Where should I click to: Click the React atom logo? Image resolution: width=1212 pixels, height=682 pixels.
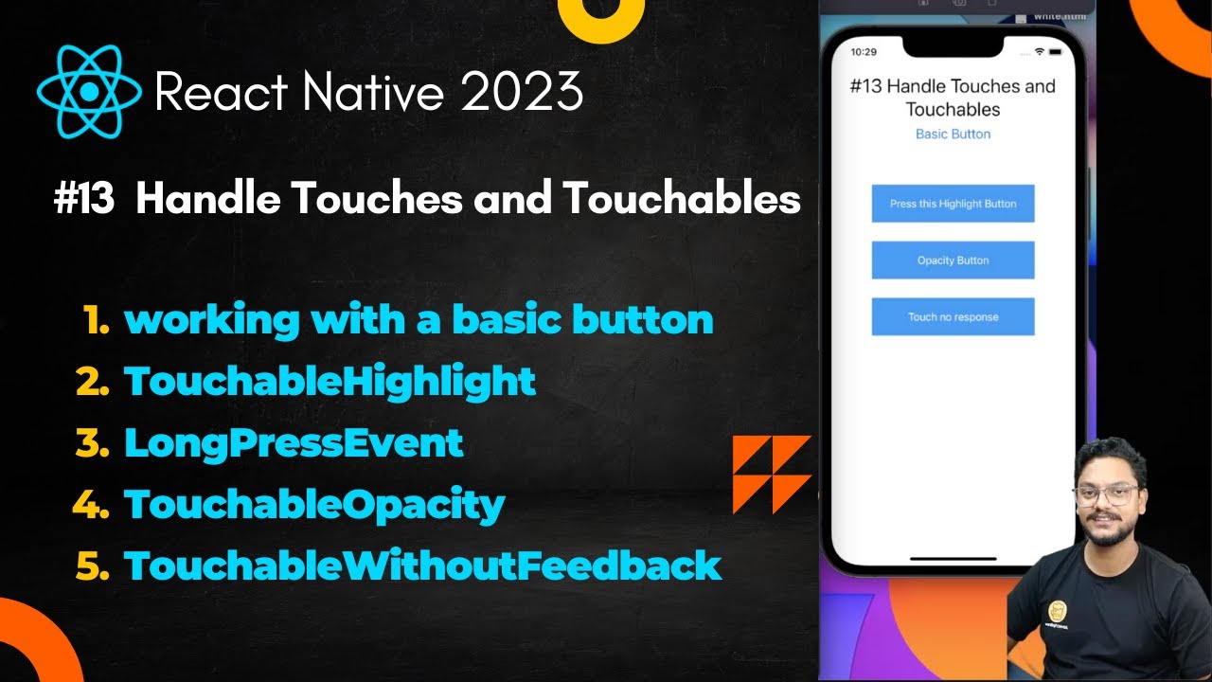click(x=89, y=92)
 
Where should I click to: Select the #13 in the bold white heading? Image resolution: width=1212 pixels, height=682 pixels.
click(x=84, y=200)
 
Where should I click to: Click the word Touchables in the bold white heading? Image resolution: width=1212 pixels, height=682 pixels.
click(x=682, y=200)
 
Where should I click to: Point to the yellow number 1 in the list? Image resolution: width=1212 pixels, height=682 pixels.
click(x=97, y=321)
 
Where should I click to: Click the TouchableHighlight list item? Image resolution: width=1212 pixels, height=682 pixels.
click(x=330, y=382)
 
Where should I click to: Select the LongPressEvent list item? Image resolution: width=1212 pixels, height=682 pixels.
click(x=294, y=442)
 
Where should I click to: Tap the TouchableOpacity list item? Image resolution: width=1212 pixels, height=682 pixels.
click(x=314, y=504)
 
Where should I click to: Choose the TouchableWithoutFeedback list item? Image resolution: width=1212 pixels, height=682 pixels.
click(x=422, y=565)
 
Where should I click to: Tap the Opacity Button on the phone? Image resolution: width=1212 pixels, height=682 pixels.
click(x=953, y=260)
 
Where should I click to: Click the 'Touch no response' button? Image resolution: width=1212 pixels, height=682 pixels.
click(x=953, y=317)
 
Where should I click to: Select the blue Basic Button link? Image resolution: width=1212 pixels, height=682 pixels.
click(x=953, y=135)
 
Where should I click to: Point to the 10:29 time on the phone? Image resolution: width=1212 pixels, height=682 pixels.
click(x=864, y=51)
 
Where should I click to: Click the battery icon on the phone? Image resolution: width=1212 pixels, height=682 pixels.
click(x=1054, y=51)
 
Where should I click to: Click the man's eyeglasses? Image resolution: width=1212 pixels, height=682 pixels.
click(x=1106, y=494)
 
